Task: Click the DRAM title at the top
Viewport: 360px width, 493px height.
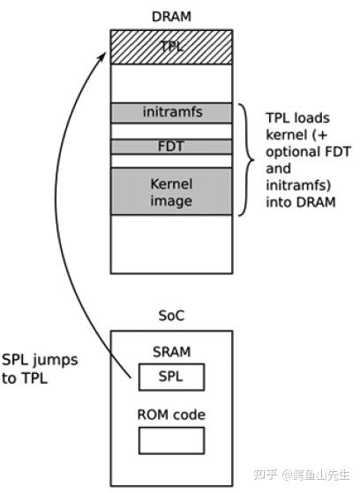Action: (x=171, y=16)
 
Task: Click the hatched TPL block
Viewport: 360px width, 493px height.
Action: (x=171, y=47)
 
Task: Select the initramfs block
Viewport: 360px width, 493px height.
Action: (x=171, y=112)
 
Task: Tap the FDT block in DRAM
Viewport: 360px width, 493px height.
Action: (x=171, y=146)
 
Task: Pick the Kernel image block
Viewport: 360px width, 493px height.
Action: (x=171, y=191)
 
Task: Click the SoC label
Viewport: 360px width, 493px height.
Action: (x=171, y=315)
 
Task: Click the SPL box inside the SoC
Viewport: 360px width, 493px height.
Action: (x=171, y=377)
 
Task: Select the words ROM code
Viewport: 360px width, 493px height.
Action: (x=171, y=415)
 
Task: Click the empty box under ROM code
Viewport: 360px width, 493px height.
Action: (x=171, y=439)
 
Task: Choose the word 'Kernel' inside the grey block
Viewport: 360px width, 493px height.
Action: (x=171, y=183)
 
